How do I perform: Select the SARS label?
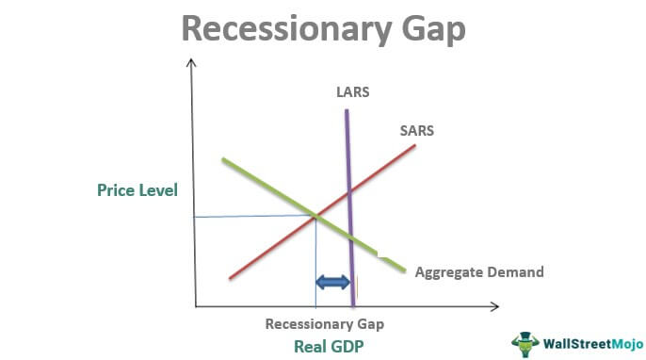click(417, 130)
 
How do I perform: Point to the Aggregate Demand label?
click(479, 271)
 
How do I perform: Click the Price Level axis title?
click(137, 189)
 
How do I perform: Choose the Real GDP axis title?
click(324, 345)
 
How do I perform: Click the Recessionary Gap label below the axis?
click(324, 323)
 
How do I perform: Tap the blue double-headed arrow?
click(332, 282)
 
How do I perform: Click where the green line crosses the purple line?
click(351, 238)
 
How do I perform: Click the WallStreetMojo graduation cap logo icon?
click(523, 341)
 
